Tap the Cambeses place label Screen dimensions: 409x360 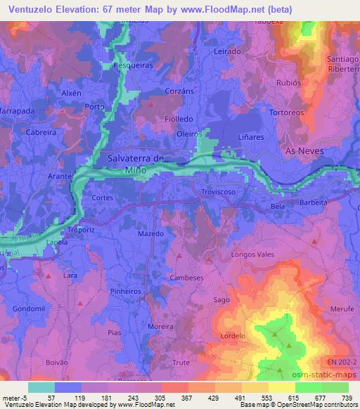[x=187, y=278]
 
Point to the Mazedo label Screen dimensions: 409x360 [x=151, y=233]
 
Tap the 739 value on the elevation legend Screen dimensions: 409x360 [x=346, y=397]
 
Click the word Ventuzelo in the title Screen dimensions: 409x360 [x=31, y=8]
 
